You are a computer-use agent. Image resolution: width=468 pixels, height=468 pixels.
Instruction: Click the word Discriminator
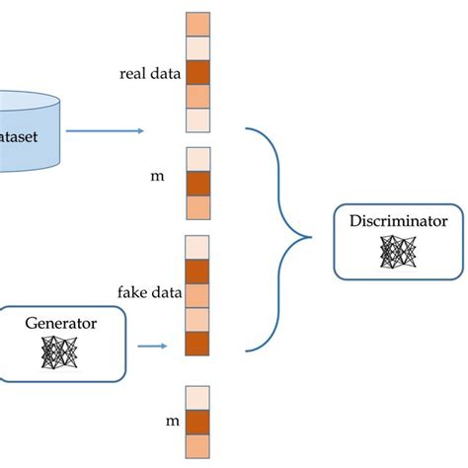tap(398, 221)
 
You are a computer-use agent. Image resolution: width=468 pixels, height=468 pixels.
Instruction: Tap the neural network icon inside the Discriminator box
tap(397, 254)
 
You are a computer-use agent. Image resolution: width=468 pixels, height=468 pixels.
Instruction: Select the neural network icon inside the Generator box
tap(62, 351)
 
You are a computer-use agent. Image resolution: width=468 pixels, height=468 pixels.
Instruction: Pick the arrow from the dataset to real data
tap(109, 130)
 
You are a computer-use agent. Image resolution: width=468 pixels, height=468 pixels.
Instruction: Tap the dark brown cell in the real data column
tap(197, 73)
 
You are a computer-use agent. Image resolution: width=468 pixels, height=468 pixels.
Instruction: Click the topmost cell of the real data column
tap(197, 25)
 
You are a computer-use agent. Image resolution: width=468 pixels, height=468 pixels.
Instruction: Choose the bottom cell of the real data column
tap(197, 120)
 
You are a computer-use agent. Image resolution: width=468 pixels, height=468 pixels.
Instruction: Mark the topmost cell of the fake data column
tap(197, 246)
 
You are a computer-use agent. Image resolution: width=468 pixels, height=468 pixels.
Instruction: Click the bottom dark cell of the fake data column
tap(197, 343)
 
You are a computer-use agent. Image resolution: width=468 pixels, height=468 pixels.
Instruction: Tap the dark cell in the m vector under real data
tap(197, 184)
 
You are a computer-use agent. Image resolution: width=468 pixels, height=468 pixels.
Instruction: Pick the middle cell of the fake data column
tap(197, 294)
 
